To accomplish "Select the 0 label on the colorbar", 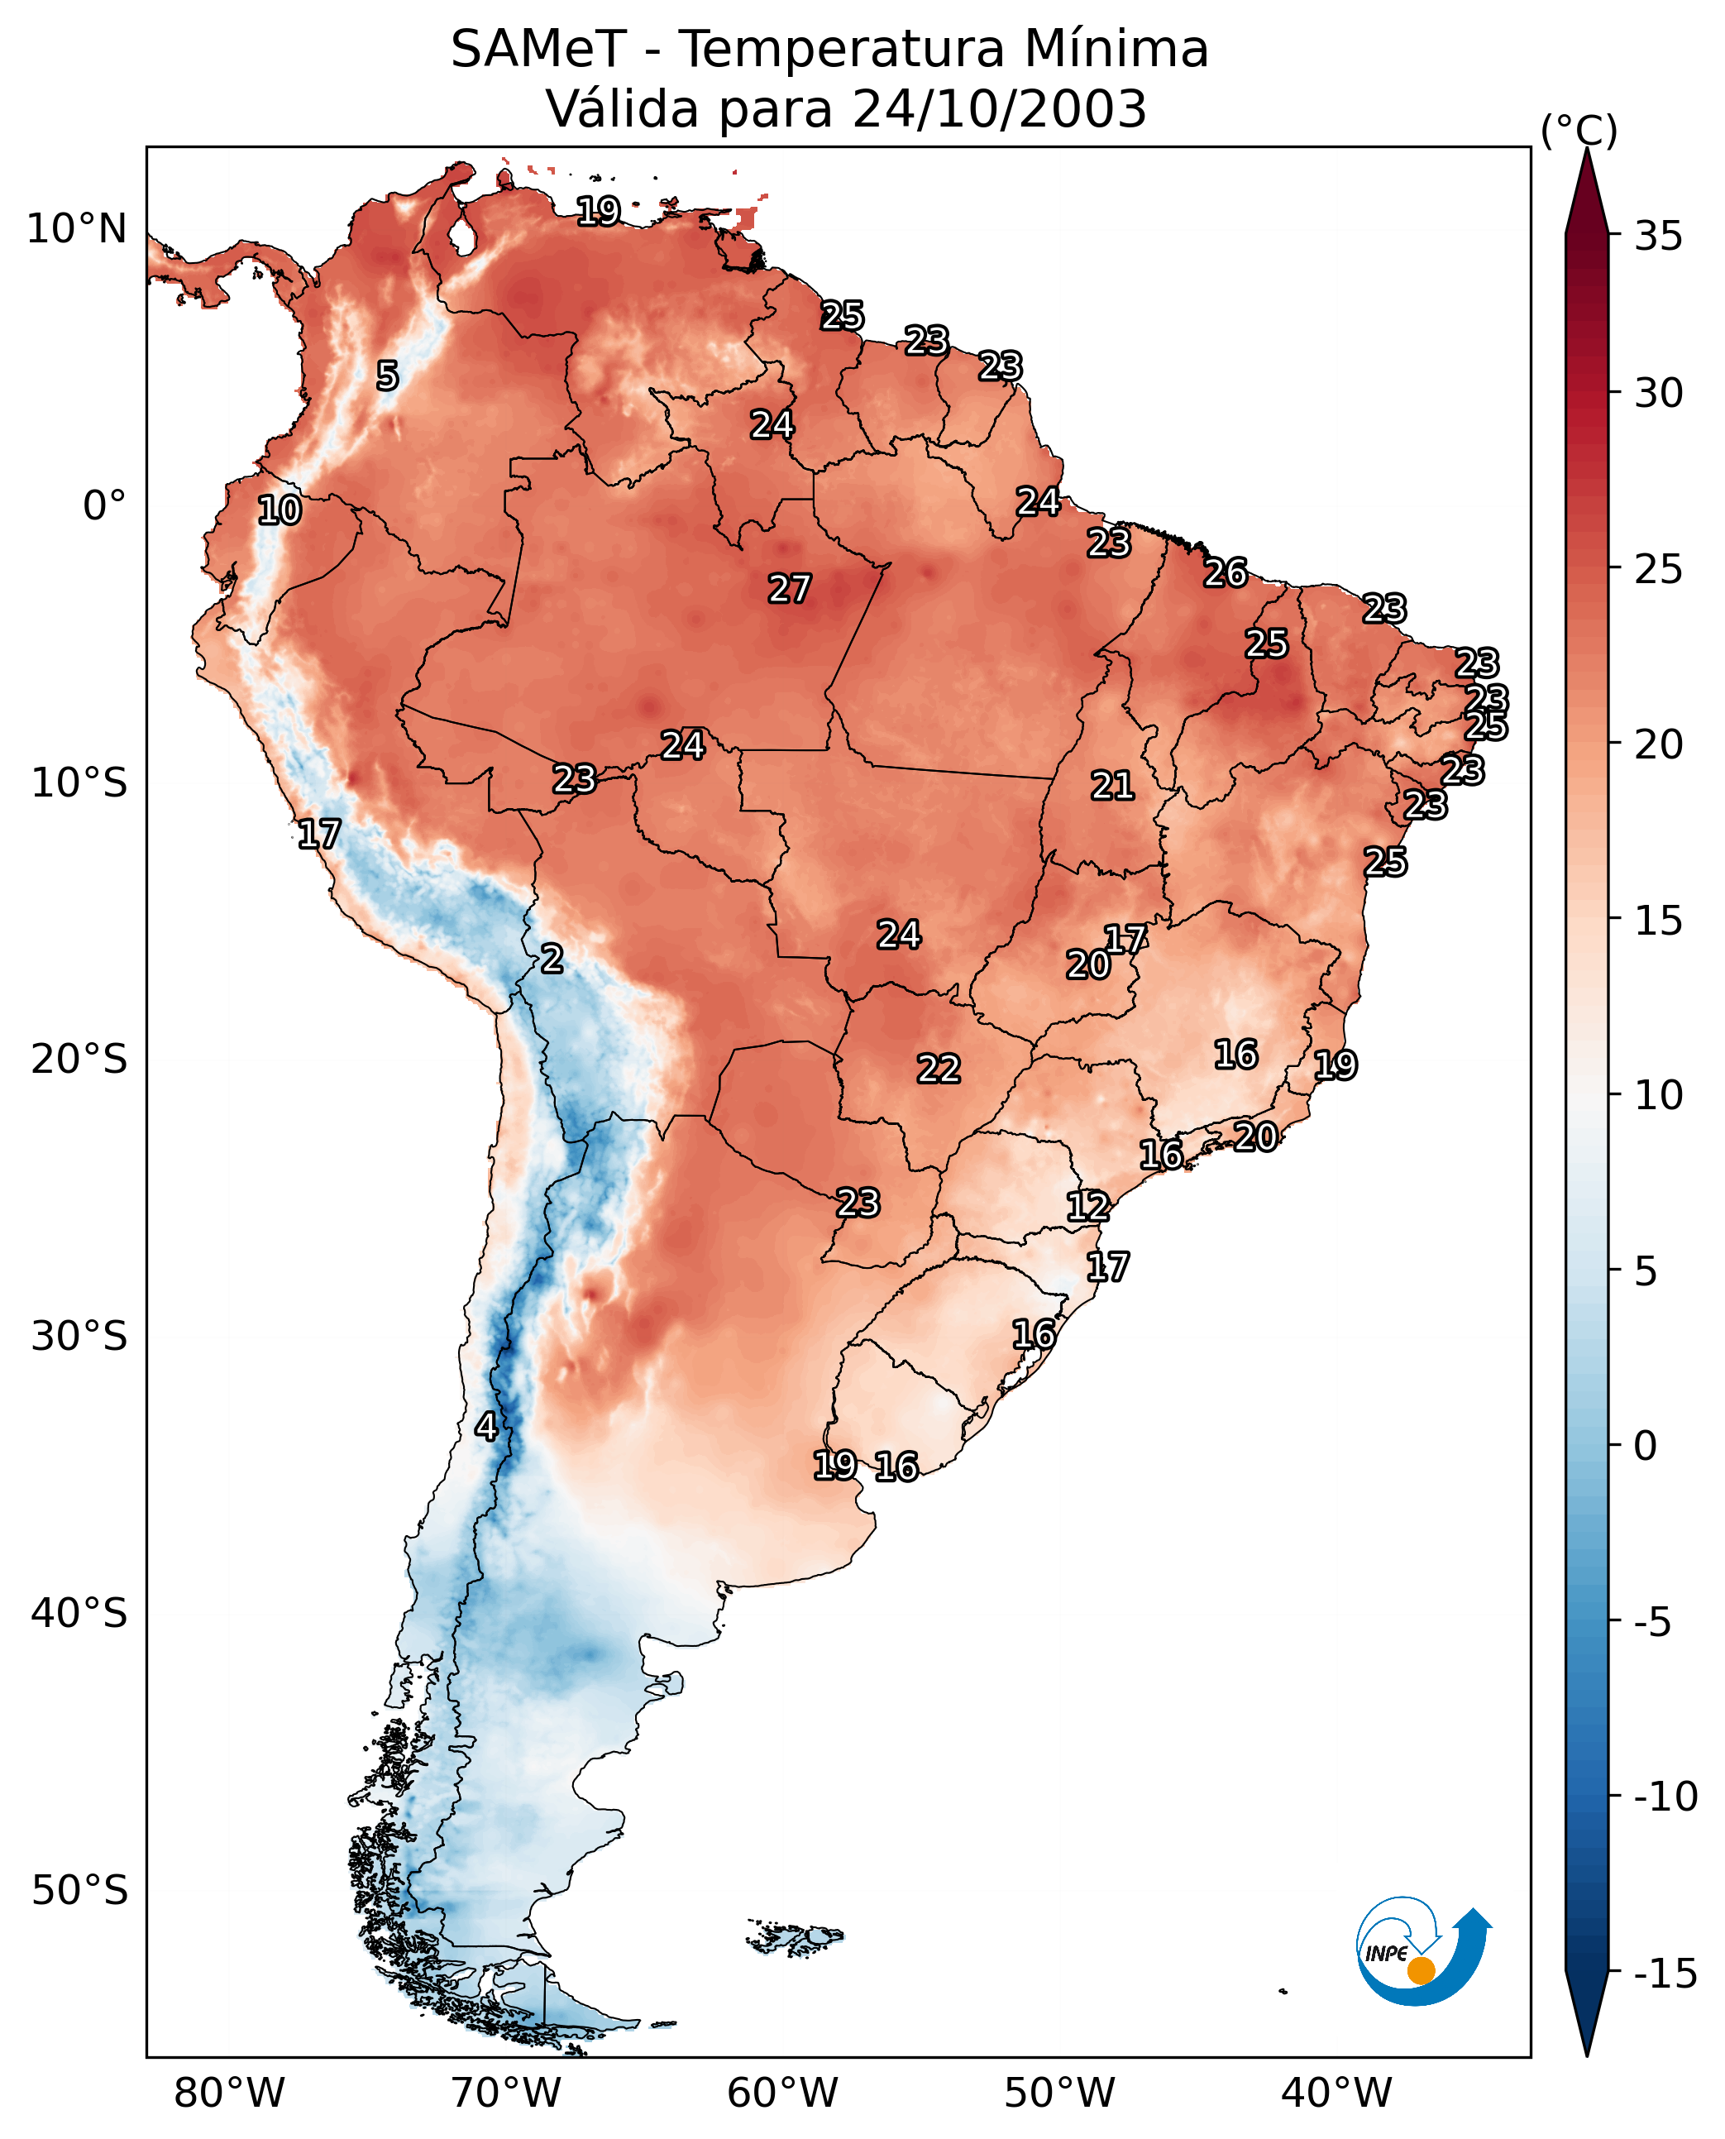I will (1646, 1445).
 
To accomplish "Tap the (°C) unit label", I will (1579, 130).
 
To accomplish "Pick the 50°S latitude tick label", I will (79, 1889).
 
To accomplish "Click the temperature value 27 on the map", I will (790, 588).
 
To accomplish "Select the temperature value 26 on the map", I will (1226, 572).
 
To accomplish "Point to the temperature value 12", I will (1088, 1206).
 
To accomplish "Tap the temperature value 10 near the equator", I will (280, 510).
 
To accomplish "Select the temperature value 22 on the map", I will (938, 1069).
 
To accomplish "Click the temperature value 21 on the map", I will (1113, 785).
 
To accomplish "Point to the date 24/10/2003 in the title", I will (1000, 108).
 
